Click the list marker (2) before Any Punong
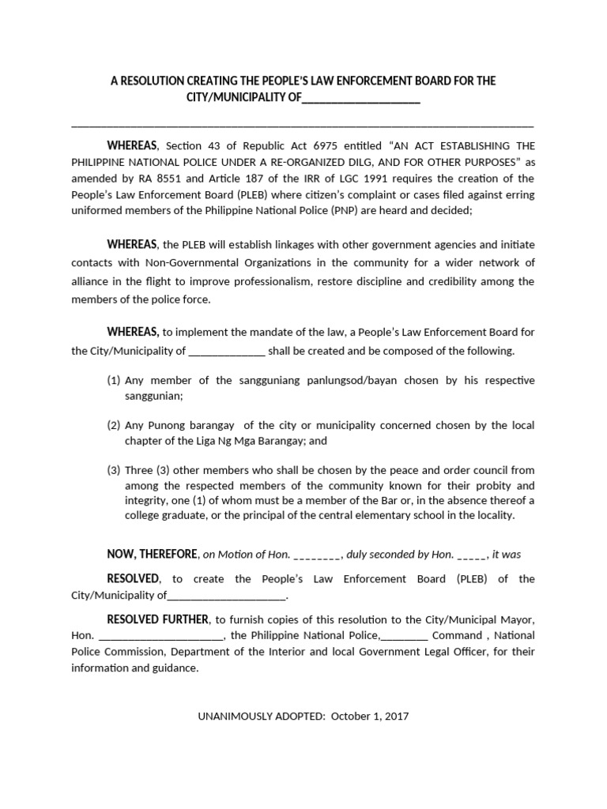point(114,425)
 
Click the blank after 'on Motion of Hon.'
point(317,555)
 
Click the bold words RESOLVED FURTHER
point(158,618)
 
